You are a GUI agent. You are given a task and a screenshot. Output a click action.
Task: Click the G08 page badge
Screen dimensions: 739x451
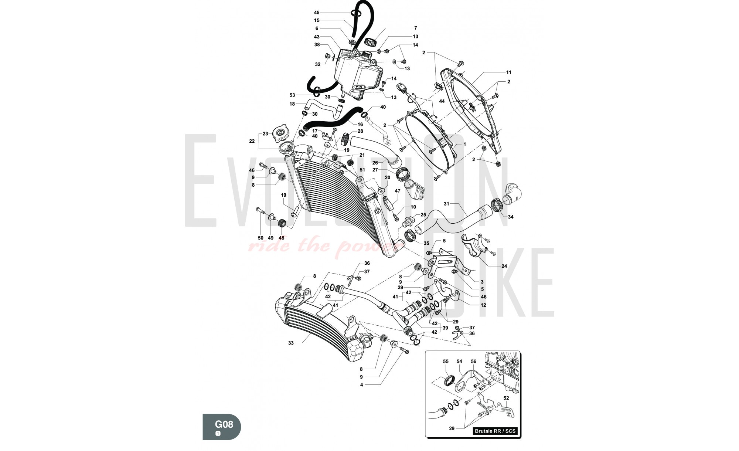[222, 427]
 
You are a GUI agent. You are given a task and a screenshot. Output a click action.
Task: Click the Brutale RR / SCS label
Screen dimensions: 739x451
[495, 431]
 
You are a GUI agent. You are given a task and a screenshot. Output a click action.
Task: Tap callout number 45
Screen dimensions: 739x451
[317, 13]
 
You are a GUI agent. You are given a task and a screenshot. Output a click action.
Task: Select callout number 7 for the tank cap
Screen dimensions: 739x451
[415, 28]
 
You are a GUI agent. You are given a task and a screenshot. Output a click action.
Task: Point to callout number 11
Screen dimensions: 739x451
[509, 72]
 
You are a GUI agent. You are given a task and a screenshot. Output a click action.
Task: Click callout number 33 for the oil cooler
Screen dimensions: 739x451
[291, 343]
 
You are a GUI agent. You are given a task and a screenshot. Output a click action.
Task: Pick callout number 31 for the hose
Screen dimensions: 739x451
[446, 204]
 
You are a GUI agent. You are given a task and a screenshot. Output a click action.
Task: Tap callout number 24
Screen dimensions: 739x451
[504, 266]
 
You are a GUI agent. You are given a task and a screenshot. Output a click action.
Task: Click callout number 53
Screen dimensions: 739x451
[292, 95]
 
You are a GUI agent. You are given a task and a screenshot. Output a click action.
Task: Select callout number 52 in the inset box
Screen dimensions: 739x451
[506, 398]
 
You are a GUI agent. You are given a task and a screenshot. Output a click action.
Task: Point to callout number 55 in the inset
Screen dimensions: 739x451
[446, 362]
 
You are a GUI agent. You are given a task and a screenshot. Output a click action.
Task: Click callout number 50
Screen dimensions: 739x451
[260, 238]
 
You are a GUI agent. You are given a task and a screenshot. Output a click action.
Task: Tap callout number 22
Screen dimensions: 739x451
[252, 141]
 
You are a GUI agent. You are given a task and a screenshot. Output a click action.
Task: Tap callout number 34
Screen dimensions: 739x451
[511, 217]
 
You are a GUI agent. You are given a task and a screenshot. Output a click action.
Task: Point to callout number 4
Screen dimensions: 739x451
[361, 385]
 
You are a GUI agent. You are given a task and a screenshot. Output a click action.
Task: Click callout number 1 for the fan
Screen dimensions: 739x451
[464, 144]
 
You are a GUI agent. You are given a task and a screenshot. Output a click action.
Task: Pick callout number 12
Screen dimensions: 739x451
[483, 305]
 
